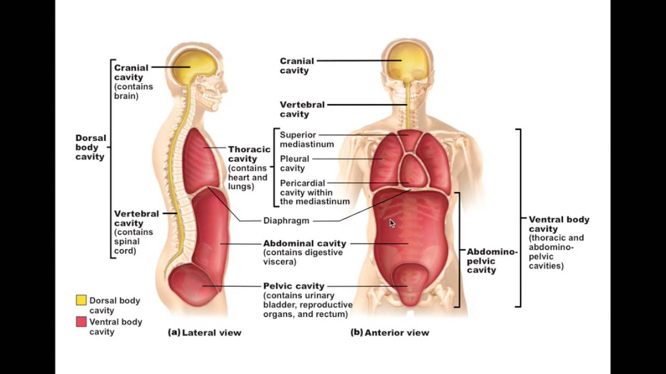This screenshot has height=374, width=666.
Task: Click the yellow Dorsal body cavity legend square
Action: point(81,300)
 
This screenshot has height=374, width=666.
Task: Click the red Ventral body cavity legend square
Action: point(81,322)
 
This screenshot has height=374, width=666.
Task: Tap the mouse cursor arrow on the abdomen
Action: point(392,223)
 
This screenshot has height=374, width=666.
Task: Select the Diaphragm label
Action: point(286,220)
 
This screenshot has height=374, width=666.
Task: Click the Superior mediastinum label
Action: point(306,140)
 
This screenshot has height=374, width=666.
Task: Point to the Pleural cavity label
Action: point(294,163)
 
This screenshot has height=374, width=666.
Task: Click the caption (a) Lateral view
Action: point(204,332)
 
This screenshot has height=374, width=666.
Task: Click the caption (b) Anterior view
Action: point(390,332)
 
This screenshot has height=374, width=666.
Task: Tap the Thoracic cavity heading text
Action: point(249,154)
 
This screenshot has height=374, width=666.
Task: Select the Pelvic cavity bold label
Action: point(293,286)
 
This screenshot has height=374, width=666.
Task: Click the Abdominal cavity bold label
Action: point(304,243)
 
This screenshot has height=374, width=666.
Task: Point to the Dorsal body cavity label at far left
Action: point(91,147)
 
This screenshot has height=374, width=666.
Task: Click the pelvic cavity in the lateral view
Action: point(193,286)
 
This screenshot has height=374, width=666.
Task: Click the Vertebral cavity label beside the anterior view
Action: point(302,109)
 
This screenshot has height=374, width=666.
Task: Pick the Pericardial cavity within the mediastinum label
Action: point(314,192)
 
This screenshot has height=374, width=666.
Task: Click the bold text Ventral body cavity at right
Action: point(559,224)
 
